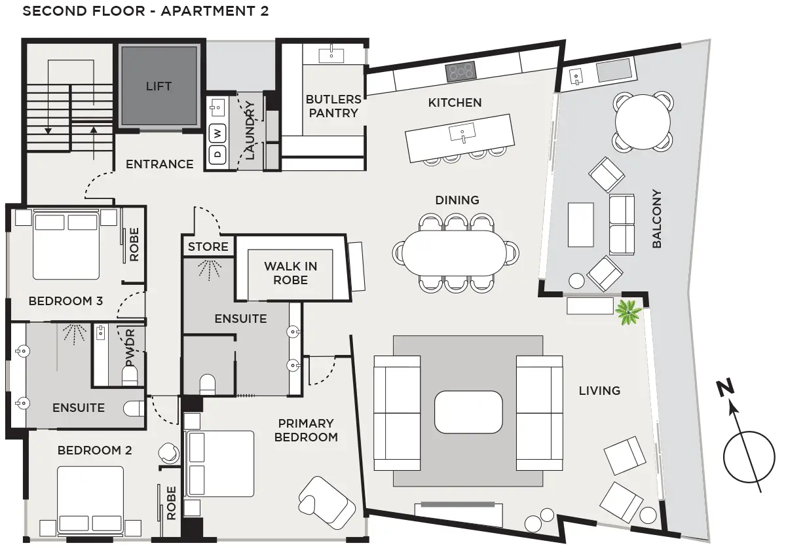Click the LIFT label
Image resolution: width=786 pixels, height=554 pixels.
coord(159,86)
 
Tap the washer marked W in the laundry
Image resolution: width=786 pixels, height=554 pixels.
coord(217,134)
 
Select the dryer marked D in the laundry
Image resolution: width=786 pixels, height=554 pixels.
coord(217,155)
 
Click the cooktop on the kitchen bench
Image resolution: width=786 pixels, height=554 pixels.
coord(461,72)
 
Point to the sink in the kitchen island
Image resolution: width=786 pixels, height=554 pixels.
coord(462,133)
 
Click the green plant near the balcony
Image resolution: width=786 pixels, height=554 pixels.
coord(628,312)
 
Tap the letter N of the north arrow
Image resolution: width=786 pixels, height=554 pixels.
coord(725,387)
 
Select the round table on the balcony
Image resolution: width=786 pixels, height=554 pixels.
coord(643,122)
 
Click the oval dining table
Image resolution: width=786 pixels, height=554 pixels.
coord(455,253)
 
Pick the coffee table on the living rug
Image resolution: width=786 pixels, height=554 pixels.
coord(468,412)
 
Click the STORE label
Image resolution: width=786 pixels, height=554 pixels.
coord(208,247)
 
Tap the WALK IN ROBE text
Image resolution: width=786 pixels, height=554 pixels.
coord(291,273)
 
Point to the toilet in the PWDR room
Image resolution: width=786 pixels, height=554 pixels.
coord(130,375)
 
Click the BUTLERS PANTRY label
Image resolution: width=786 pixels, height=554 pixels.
coord(333,106)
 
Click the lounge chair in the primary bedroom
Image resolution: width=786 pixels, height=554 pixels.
coord(327,502)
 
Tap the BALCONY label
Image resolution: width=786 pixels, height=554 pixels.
coord(656,219)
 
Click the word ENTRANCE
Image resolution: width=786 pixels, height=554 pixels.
coord(160,164)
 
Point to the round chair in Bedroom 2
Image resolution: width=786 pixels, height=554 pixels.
coord(169,453)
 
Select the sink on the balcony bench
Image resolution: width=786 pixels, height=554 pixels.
coord(576,77)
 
